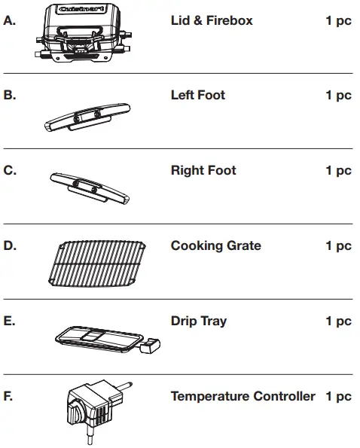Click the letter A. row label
point(10,20)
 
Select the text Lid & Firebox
point(212,20)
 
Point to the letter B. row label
point(10,96)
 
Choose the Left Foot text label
point(197,96)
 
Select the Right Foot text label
point(203,171)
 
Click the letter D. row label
point(10,246)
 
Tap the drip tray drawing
point(96,337)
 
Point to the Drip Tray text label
point(198,322)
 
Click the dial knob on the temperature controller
point(78,413)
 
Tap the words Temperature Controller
point(243,396)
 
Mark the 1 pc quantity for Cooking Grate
point(338,246)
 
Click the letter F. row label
point(9,396)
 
